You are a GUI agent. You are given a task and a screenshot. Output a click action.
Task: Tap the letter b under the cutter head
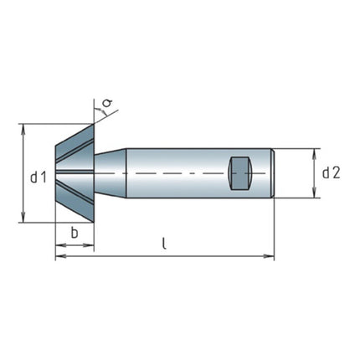point(75,234)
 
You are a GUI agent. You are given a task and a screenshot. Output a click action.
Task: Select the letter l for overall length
point(165,244)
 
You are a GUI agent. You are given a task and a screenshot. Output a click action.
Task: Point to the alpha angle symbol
point(106,104)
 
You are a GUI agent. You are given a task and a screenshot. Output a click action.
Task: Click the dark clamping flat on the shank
point(241,174)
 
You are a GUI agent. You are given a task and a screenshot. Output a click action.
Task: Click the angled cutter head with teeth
point(75,173)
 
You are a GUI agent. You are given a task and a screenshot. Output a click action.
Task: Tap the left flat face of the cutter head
point(56,174)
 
